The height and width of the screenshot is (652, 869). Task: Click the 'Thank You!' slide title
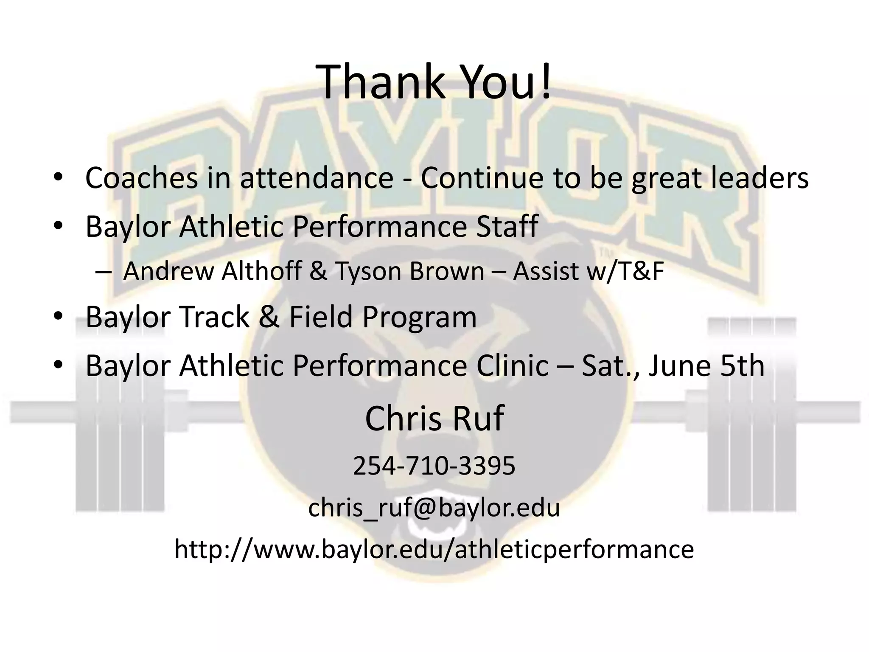coord(435,81)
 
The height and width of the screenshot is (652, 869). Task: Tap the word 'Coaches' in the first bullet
coord(141,178)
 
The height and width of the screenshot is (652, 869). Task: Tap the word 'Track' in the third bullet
coord(214,317)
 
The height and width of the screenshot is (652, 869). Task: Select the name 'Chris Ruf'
coord(434,419)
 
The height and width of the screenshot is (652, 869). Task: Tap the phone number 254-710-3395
coord(434,466)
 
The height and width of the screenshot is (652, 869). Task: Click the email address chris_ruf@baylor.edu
coord(434,508)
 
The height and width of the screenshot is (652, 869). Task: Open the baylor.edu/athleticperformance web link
coord(434,549)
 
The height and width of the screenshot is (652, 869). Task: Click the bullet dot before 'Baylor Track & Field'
coord(58,316)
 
